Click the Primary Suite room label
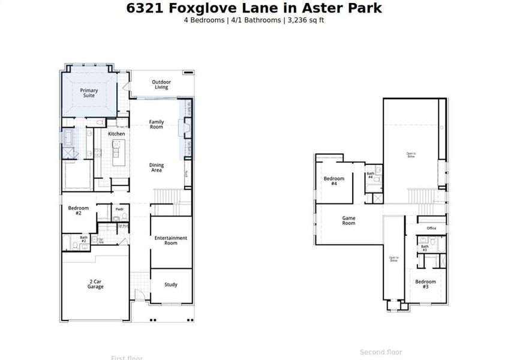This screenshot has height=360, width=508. point(89,93)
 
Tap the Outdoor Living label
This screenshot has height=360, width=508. point(161,85)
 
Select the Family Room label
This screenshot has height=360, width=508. point(156,124)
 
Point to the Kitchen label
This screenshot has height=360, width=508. point(116,134)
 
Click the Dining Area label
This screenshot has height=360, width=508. point(156,167)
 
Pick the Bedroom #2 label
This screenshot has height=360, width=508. point(79,210)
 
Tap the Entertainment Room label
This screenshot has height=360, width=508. point(171,240)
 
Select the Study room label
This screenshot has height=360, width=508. point(171,284)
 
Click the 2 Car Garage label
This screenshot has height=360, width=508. point(95,284)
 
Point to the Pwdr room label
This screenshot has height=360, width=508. point(119,210)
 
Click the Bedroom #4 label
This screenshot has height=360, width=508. point(334,181)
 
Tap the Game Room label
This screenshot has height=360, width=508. point(348,220)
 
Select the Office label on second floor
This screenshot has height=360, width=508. point(431,228)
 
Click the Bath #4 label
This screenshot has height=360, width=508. point(370,175)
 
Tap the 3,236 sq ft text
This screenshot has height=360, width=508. point(305,20)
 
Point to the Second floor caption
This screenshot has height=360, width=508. point(381,352)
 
